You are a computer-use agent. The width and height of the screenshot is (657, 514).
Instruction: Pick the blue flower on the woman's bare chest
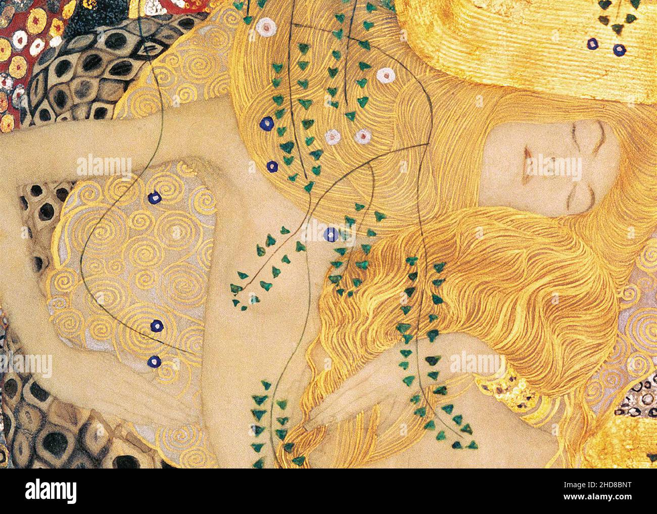(x=331, y=234)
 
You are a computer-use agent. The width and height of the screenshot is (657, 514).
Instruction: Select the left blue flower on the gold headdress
(x=592, y=44)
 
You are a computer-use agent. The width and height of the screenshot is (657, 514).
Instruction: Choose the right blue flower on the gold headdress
(x=619, y=50)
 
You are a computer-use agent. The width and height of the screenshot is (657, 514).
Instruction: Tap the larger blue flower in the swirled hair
(x=266, y=123)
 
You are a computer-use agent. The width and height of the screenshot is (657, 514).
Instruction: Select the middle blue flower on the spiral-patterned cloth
(x=157, y=325)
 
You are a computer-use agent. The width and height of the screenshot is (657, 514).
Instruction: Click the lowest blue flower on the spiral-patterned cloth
(x=154, y=361)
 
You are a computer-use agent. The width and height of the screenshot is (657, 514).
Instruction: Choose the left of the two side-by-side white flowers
(x=333, y=135)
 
